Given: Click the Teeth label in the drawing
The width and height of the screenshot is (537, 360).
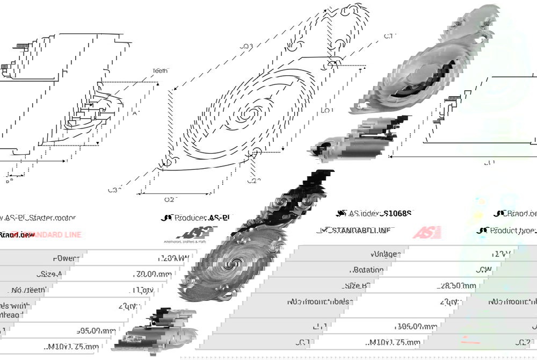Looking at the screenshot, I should coord(160,70).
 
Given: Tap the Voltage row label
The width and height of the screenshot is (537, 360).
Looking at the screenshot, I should coord(384,254).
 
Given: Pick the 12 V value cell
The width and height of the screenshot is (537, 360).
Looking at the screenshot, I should coord(503,254).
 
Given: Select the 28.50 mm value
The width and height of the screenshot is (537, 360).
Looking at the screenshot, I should coord(457,286).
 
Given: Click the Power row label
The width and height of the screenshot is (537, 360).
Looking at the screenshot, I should coord(66,258).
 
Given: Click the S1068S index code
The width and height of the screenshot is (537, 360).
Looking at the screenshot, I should coord(395,213).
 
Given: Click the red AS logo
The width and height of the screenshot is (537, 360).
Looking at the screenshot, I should coord(427,232).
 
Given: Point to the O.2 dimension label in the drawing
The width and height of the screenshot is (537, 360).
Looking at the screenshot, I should coord(169,199).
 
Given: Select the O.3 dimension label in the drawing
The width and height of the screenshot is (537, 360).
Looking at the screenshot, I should coord(246,46).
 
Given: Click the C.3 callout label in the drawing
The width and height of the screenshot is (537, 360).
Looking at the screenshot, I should coord(114,189).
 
